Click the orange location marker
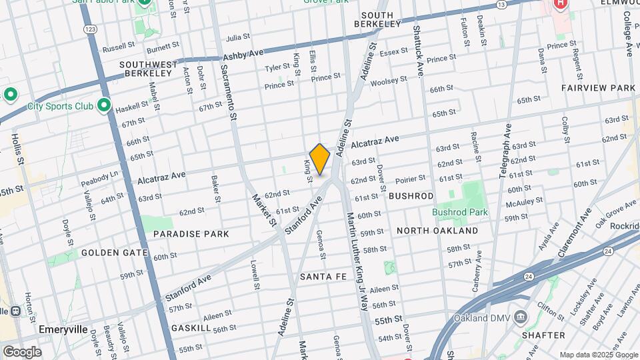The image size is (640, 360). point(319,159)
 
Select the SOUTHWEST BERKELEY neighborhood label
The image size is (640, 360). point(148,69)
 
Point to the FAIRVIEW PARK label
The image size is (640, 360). point(598,88)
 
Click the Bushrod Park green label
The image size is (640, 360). point(459,212)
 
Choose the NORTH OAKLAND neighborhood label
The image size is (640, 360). point(437,231)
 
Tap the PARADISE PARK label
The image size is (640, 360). point(191,234)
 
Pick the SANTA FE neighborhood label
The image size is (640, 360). point(323,276)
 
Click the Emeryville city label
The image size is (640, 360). point(64,329)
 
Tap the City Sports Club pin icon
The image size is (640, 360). point(104,105)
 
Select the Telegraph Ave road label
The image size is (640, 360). point(505,150)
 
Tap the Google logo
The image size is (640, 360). point(22,352)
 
